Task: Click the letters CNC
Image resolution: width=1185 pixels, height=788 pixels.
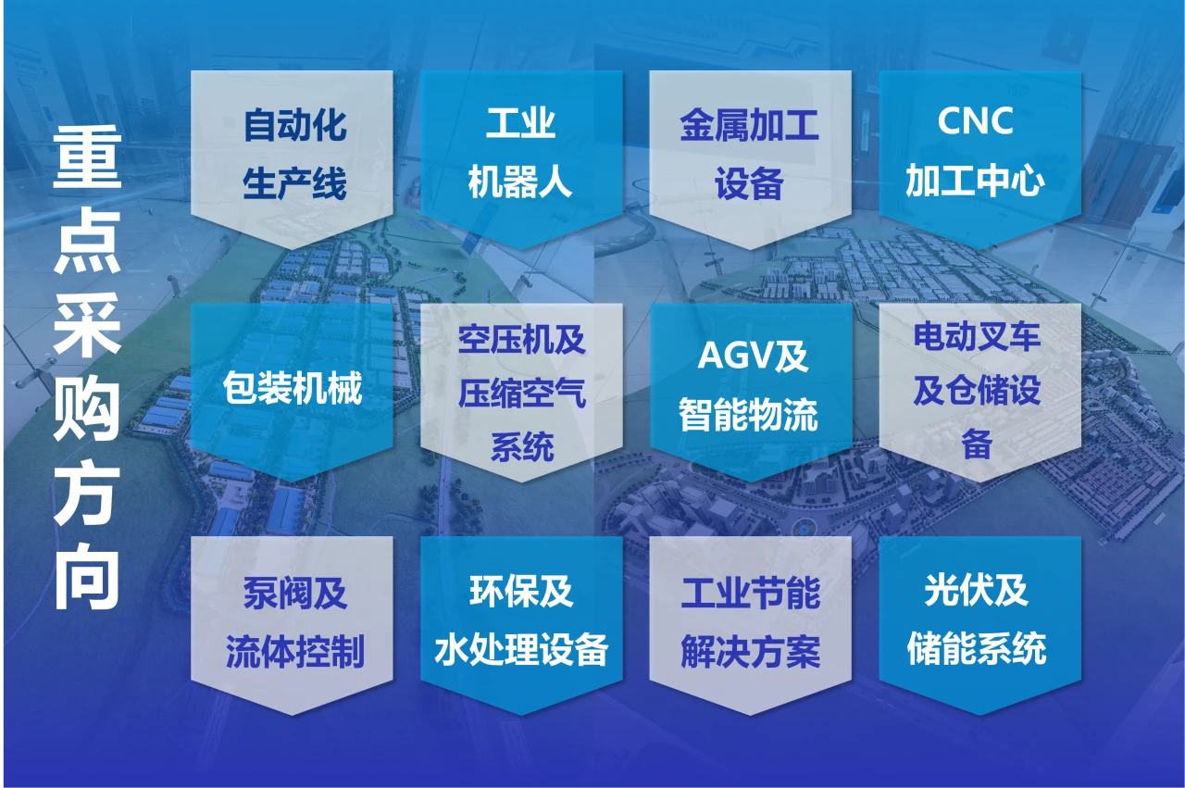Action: (975, 120)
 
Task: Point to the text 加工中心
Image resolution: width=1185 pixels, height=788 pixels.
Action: (975, 180)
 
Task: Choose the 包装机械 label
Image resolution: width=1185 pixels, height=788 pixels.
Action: (293, 388)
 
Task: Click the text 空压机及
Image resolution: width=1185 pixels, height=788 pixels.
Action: (521, 339)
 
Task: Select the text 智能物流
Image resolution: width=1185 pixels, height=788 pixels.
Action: (749, 414)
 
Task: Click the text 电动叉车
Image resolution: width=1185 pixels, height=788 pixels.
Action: (977, 336)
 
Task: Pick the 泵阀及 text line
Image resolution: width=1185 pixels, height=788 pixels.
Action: (295, 594)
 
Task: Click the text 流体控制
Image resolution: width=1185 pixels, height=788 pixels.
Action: (295, 652)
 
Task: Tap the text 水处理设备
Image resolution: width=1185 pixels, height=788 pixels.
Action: (521, 649)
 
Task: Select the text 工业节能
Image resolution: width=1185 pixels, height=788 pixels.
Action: (751, 594)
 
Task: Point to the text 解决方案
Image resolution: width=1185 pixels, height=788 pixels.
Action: (751, 652)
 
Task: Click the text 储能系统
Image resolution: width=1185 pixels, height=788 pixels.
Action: (977, 648)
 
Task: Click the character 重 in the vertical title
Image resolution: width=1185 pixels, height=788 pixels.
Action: (87, 157)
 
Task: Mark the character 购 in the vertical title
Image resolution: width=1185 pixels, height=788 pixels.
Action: (87, 408)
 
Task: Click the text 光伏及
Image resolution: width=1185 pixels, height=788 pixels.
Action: (977, 590)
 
